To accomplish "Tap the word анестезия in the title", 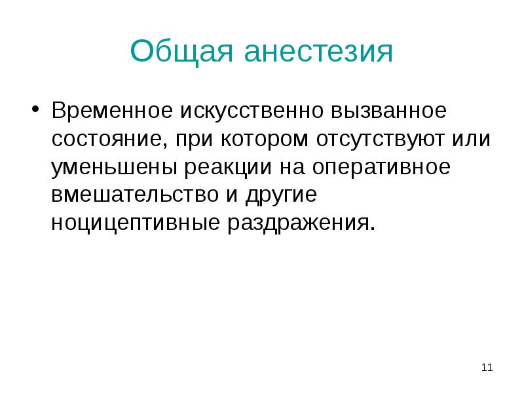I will pos(319,52).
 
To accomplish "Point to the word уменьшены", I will pos(113,168).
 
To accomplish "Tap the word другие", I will pos(279,195).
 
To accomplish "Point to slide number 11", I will pos(487,367).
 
